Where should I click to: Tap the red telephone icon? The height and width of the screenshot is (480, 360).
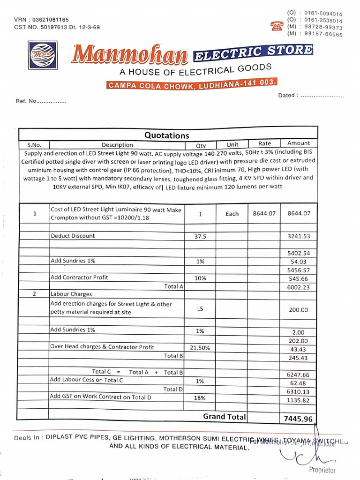coord(277,26)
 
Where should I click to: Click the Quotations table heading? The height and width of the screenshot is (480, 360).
coord(166,135)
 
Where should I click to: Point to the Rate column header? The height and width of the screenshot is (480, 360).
coord(264,143)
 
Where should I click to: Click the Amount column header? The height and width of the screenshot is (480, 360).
coord(299,143)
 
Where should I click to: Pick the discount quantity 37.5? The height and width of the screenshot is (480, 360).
coord(200,237)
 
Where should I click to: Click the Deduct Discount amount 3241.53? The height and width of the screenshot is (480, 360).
coord(298,236)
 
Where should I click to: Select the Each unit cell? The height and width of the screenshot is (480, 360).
coord(232,214)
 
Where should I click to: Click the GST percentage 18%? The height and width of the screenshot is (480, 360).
coord(200,397)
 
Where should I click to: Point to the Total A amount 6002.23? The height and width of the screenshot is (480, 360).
coord(298,287)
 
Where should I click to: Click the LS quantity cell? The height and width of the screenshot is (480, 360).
coord(200,309)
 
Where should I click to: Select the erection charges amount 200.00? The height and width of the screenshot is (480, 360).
coord(298,310)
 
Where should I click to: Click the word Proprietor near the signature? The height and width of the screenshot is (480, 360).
coord(322,470)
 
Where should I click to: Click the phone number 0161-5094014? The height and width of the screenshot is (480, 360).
coord(323,14)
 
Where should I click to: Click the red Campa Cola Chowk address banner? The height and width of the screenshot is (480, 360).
coord(192,84)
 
